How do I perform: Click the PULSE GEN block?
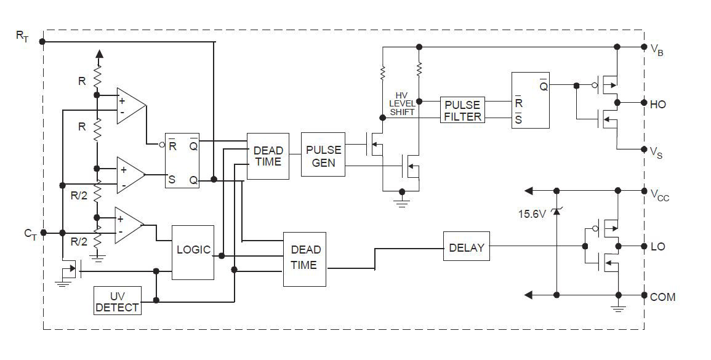[x=323, y=154]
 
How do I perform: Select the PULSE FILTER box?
[x=462, y=110]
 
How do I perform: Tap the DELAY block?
[x=466, y=247]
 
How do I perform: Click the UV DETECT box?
[x=117, y=301]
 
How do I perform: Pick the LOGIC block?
[x=193, y=250]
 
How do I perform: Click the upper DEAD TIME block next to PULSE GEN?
[x=268, y=156]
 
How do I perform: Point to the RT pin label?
[x=22, y=36]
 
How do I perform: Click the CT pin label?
[x=30, y=233]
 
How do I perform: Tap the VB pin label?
[x=656, y=50]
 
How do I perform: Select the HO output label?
[x=657, y=104]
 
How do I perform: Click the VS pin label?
[x=656, y=151]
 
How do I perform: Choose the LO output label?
[x=657, y=247]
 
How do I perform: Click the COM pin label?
[x=662, y=297]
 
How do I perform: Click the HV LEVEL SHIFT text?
[x=402, y=103]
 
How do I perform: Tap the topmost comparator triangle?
[x=131, y=105]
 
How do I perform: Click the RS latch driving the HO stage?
[x=530, y=100]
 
